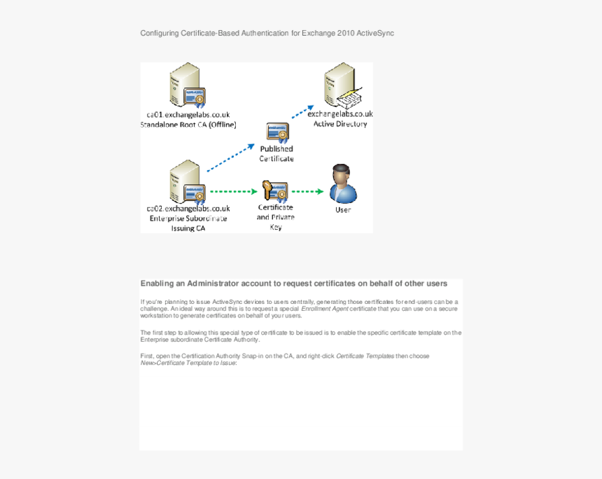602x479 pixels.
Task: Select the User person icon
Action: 342,184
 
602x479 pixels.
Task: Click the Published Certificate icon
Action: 276,132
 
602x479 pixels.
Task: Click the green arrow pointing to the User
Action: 307,191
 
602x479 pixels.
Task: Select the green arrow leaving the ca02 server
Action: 234,191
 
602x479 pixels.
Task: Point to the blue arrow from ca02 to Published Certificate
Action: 231,158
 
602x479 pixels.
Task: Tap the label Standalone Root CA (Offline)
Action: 188,125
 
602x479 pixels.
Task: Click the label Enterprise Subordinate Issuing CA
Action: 188,218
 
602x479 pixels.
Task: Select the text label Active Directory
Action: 340,124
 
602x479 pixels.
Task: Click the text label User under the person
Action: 343,209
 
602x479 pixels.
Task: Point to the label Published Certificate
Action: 276,153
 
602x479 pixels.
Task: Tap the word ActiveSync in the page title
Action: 375,33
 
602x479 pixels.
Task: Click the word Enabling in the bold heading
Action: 157,284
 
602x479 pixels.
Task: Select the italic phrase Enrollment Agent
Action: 324,308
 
